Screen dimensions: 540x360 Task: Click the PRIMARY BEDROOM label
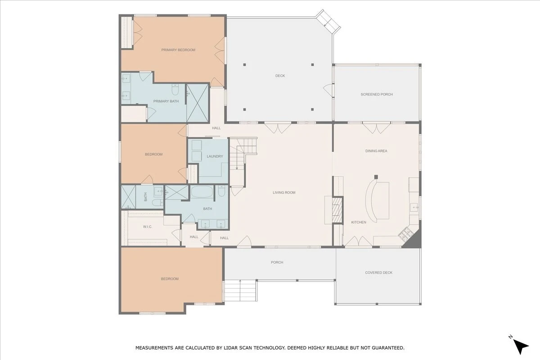tap(178, 50)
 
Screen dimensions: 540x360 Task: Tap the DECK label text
tap(280, 76)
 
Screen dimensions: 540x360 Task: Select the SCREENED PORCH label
tap(377, 94)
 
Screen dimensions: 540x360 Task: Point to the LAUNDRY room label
tap(215, 156)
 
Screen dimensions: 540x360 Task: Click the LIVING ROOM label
tap(284, 193)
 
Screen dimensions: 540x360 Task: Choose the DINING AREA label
tap(376, 151)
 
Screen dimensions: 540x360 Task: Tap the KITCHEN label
tap(359, 222)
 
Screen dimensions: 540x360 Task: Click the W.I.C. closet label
tap(147, 227)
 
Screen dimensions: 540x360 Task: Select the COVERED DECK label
tap(379, 272)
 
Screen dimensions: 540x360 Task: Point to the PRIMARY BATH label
tap(166, 101)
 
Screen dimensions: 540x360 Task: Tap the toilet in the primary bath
tap(175, 90)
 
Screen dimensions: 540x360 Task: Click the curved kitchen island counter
tap(371, 201)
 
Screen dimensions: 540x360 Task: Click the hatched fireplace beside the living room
tap(337, 210)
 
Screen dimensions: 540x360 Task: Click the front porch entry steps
tap(240, 290)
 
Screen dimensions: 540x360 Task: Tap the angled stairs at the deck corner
tap(328, 22)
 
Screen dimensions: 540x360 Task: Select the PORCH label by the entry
tap(277, 262)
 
